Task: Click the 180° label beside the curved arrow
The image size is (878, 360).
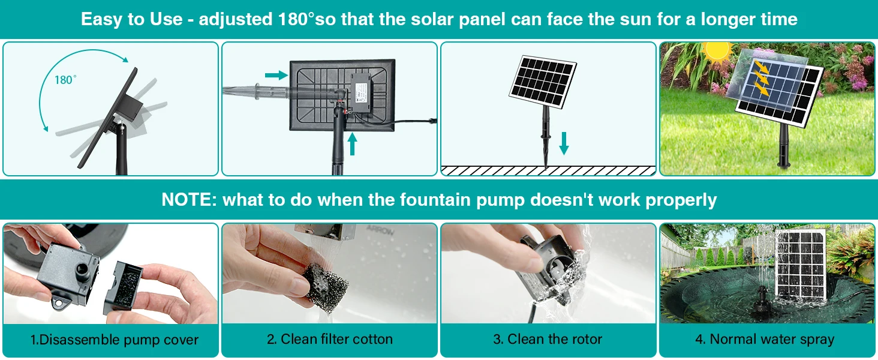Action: (65, 80)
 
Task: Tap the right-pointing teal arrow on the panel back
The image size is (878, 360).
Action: (276, 75)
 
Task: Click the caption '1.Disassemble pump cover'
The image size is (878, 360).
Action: (115, 340)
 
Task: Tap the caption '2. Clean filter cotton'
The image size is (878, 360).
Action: (330, 340)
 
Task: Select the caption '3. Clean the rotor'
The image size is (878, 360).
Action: (548, 340)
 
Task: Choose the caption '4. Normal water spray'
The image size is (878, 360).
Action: (765, 340)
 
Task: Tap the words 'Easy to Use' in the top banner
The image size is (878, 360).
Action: (131, 19)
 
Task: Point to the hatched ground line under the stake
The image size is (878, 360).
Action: (548, 170)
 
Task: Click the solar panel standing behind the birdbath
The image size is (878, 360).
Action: (800, 267)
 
